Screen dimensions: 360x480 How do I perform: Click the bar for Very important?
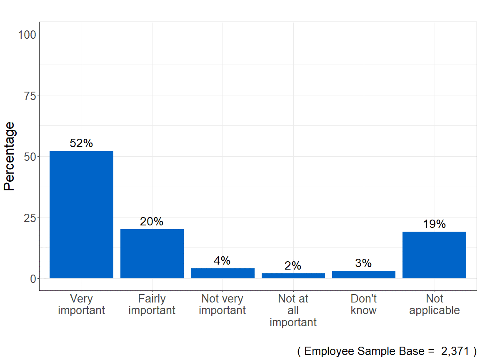click(x=81, y=215)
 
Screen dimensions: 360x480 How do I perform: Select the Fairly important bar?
click(x=152, y=254)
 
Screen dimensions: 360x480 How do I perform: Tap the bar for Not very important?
click(x=222, y=273)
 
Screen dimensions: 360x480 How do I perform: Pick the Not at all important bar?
click(x=293, y=276)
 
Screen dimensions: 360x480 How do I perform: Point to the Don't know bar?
click(x=364, y=275)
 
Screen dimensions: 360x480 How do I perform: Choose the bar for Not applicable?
click(x=434, y=255)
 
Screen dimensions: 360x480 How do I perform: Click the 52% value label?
click(x=81, y=143)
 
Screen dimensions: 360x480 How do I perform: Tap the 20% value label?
click(x=152, y=222)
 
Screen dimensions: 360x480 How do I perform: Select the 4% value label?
click(x=222, y=261)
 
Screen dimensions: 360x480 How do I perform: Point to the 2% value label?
click(x=293, y=266)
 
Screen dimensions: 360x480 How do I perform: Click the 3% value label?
click(x=363, y=263)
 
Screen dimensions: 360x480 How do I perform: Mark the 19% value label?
click(x=434, y=224)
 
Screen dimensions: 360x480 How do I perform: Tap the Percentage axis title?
click(x=9, y=156)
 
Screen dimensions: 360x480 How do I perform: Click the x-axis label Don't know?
click(x=364, y=305)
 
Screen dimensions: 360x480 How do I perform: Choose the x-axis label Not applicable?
click(x=435, y=305)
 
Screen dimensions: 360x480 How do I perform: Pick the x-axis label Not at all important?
click(x=293, y=310)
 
